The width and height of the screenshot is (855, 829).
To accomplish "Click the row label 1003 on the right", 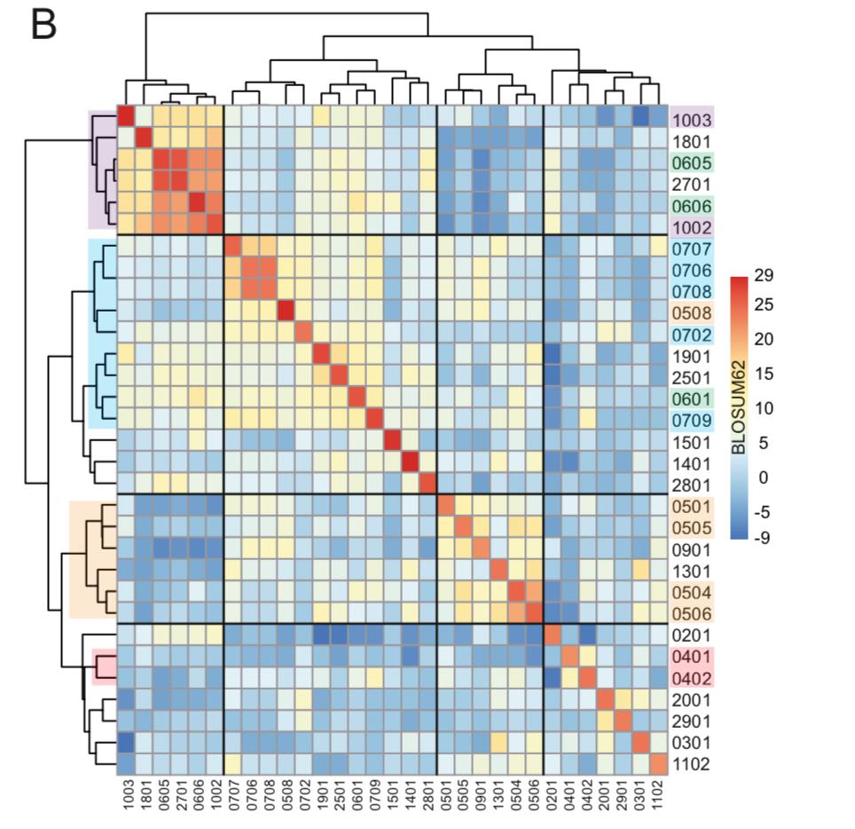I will click(x=692, y=119).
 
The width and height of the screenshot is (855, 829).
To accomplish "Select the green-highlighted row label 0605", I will click(x=692, y=164).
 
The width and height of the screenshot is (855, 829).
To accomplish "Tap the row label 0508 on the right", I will click(x=692, y=312).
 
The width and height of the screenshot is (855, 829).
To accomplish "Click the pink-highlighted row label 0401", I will click(x=692, y=657).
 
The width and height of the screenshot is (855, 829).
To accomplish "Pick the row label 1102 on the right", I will click(x=692, y=764).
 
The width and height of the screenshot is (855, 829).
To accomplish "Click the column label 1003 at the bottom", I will click(x=126, y=797).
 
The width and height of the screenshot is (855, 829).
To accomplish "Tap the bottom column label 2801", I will click(x=427, y=797).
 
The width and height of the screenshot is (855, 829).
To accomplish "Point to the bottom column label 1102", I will click(x=658, y=797).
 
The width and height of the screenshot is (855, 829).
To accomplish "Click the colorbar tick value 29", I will click(x=764, y=276).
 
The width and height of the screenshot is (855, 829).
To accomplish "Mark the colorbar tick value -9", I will click(x=762, y=537).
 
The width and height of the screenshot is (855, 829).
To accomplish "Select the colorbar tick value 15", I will click(x=764, y=375).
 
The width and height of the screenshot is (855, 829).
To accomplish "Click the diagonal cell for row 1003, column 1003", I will click(x=126, y=117).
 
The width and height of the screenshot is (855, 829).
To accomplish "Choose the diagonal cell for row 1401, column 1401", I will click(x=410, y=462).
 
